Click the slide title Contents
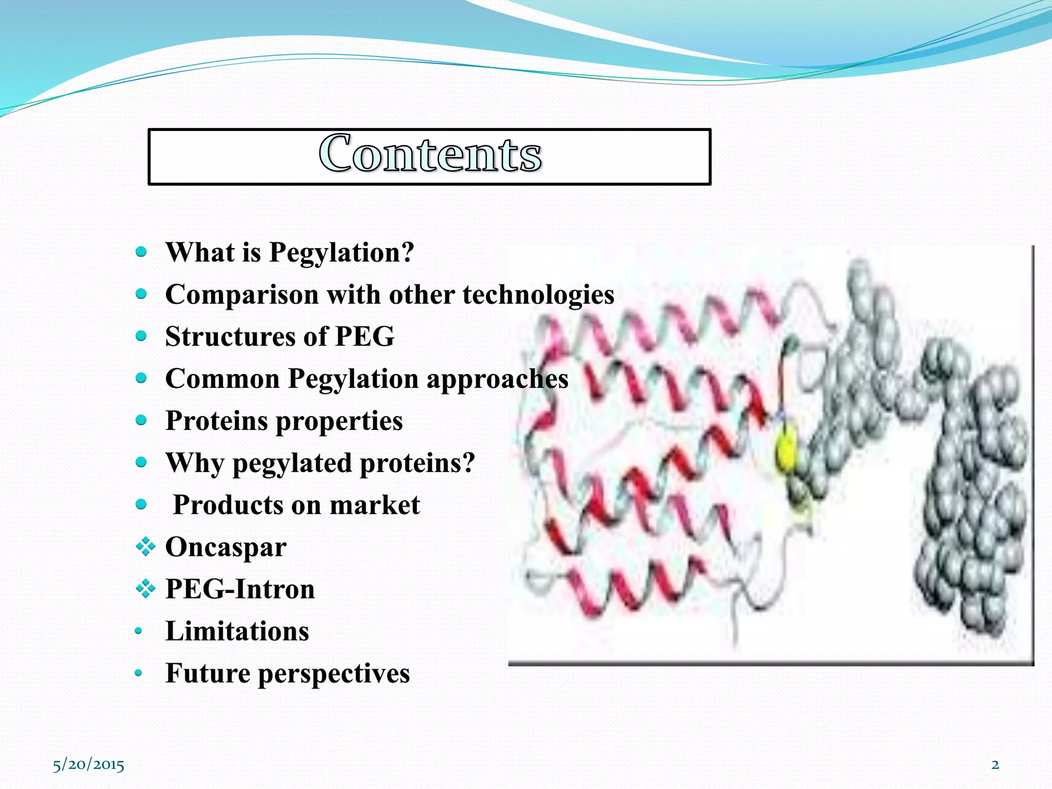click(430, 154)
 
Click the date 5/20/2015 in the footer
click(88, 765)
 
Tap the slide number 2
click(995, 764)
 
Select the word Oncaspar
click(226, 548)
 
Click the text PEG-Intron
click(240, 590)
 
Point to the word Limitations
click(237, 632)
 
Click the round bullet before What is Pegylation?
click(141, 252)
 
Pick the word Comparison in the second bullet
click(242, 295)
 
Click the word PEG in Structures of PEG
click(365, 337)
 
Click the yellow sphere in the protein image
click(786, 450)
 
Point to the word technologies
click(538, 295)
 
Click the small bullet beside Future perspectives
click(138, 673)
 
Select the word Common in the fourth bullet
click(222, 379)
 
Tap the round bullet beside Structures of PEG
click(141, 336)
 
